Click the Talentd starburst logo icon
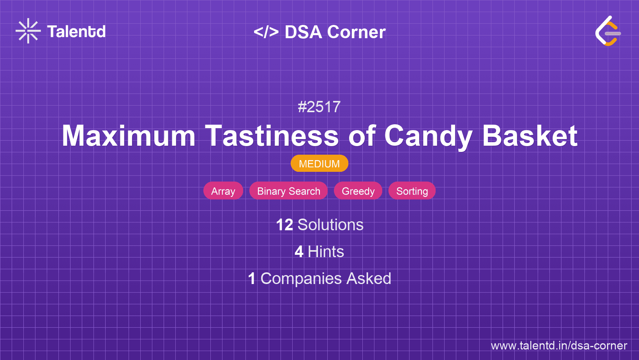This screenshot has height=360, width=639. (x=28, y=31)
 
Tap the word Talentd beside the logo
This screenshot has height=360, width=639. (x=76, y=32)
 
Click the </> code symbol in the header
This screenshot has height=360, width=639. (x=266, y=32)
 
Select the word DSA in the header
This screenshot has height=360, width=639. (x=304, y=32)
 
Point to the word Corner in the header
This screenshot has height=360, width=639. (x=357, y=32)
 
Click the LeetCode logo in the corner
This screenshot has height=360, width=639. (x=608, y=31)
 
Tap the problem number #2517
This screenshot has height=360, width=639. (x=319, y=107)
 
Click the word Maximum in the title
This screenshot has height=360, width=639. (x=129, y=136)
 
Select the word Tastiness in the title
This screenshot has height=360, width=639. (x=272, y=136)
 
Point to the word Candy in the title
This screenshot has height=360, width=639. (x=428, y=136)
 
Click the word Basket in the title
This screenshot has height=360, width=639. (x=530, y=136)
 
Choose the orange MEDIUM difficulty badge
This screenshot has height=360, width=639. (x=319, y=164)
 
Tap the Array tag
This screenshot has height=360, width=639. (x=223, y=191)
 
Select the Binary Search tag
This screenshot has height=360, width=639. (x=289, y=191)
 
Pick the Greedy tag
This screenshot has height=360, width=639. (x=358, y=191)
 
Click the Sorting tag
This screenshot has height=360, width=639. (x=412, y=191)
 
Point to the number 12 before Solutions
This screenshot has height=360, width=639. (x=284, y=225)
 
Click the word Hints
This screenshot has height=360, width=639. (x=326, y=252)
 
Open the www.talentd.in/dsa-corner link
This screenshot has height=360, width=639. (x=559, y=346)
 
